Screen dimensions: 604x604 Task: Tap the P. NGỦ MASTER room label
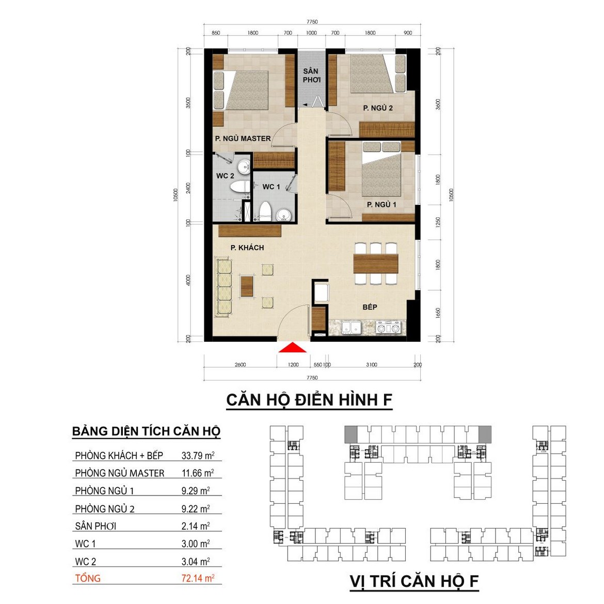(243, 138)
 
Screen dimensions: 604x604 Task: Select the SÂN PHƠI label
(311, 75)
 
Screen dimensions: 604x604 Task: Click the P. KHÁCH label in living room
(247, 248)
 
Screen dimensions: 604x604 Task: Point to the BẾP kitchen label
(370, 307)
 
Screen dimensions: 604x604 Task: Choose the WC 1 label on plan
(271, 187)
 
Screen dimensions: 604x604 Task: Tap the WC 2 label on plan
(226, 176)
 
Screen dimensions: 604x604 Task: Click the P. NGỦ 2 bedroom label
(378, 108)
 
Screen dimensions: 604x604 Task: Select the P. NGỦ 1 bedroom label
(382, 204)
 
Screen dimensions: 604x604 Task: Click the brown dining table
(376, 263)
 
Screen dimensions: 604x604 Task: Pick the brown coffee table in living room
(247, 286)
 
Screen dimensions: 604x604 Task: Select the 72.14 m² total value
(198, 578)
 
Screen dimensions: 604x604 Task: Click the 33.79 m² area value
(198, 455)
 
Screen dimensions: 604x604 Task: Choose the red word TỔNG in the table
(88, 578)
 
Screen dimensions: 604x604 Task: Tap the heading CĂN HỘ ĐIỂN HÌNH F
(309, 400)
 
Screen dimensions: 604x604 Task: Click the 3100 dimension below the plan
(372, 364)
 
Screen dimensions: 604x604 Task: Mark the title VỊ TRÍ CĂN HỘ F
(415, 581)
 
